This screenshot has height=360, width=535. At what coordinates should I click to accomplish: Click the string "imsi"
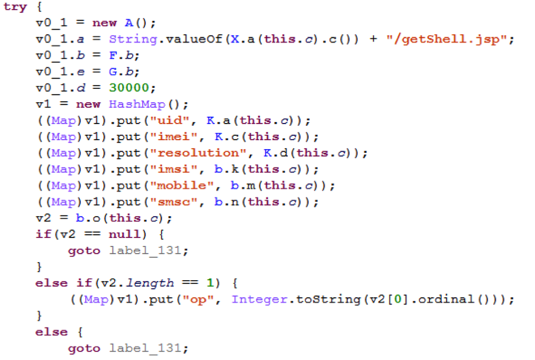(x=170, y=169)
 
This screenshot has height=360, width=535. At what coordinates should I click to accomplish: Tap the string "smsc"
(x=170, y=201)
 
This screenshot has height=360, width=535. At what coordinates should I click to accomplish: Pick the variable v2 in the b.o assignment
(x=42, y=218)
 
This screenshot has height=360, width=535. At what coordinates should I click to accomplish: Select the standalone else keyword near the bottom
(x=51, y=332)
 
